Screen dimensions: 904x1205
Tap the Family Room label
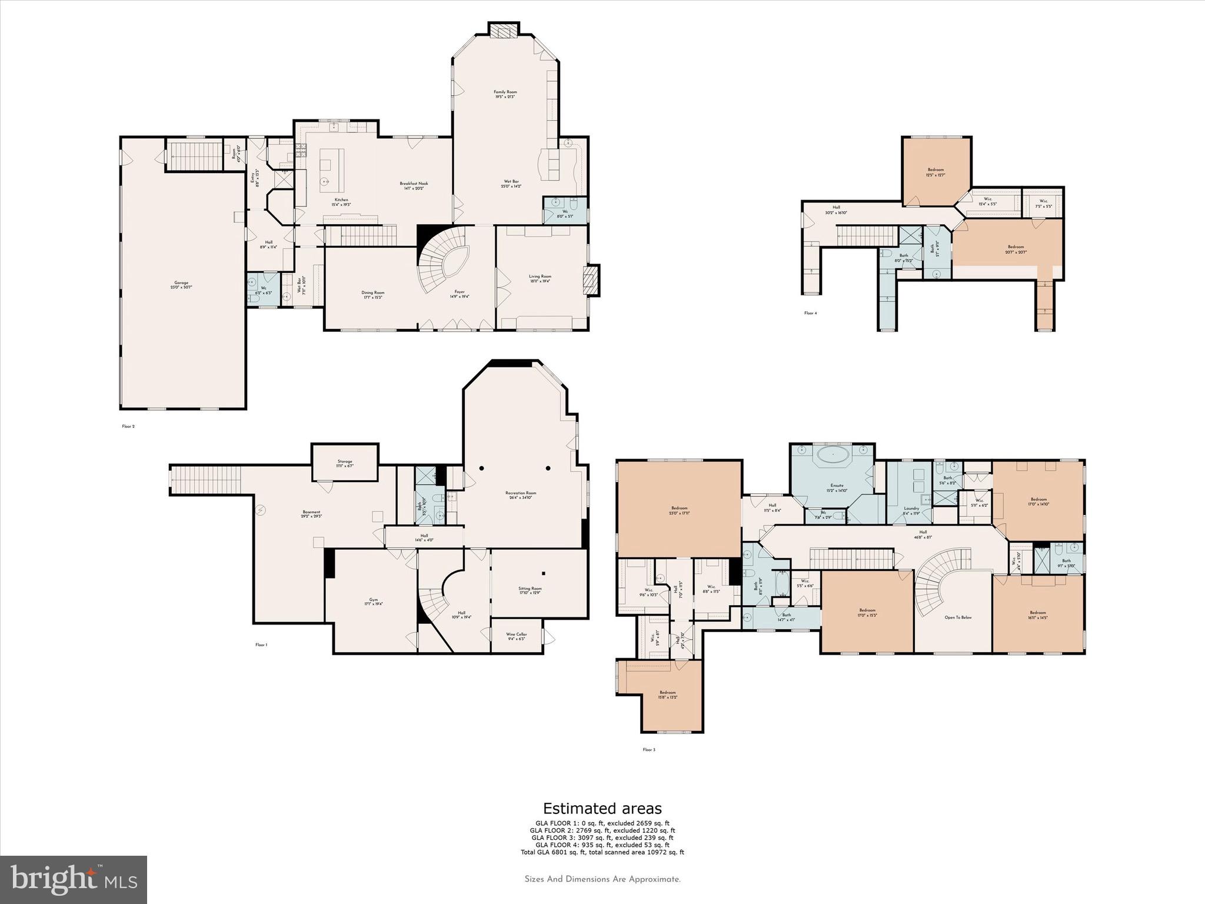[x=505, y=94]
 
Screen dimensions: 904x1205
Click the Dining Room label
[x=372, y=294]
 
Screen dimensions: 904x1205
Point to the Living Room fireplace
[x=591, y=281]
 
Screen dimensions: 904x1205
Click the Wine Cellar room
[x=517, y=636]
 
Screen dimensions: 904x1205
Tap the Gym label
[x=371, y=601]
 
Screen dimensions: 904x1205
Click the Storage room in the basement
[x=345, y=463]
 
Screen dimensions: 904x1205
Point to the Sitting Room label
[x=530, y=590]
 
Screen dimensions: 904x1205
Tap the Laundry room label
[x=911, y=510]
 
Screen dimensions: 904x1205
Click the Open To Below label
[x=958, y=617]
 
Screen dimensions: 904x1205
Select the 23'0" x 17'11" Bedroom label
[x=679, y=510]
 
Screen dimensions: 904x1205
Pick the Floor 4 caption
[x=810, y=313]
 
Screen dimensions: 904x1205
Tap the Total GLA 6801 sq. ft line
[x=602, y=852]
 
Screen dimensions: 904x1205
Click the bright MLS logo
[x=74, y=879]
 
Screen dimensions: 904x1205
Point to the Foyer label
[x=460, y=294]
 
